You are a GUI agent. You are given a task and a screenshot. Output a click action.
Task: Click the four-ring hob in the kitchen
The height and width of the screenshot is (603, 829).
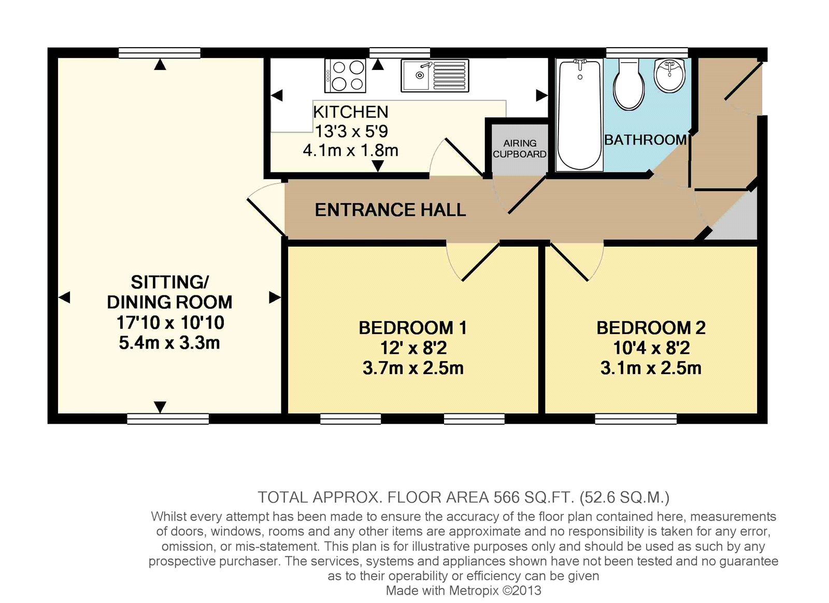click(345, 75)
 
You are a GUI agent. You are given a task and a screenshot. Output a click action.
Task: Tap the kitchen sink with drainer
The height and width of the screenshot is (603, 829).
click(435, 75)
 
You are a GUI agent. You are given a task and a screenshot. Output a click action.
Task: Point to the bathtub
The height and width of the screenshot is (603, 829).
click(579, 114)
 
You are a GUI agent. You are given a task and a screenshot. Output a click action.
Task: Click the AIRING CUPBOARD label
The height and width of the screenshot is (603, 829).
click(519, 149)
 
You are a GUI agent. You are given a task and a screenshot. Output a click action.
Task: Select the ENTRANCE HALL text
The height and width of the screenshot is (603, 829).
click(390, 210)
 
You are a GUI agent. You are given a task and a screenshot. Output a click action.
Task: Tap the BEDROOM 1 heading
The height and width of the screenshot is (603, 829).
click(412, 328)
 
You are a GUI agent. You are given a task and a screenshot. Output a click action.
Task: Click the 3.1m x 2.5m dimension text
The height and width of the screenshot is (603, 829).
click(651, 368)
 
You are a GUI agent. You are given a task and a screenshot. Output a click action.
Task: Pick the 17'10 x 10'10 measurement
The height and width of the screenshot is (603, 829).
click(170, 323)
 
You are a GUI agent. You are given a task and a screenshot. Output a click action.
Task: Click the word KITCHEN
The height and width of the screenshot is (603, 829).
click(351, 112)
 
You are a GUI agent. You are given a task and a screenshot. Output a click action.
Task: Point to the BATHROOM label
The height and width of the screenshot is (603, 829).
click(646, 140)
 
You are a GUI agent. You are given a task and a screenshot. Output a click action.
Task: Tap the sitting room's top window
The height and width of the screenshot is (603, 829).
click(159, 53)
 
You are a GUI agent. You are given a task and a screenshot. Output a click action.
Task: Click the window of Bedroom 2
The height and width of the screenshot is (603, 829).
click(636, 419)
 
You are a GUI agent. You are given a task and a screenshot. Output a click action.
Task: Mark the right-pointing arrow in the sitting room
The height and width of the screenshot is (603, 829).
click(275, 297)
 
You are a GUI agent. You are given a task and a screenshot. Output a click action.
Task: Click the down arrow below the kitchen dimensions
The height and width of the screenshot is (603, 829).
click(378, 166)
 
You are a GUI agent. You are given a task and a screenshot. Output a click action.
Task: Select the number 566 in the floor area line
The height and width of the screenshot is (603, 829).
click(506, 497)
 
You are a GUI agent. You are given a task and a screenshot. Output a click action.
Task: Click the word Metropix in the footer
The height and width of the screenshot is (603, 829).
click(475, 591)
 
